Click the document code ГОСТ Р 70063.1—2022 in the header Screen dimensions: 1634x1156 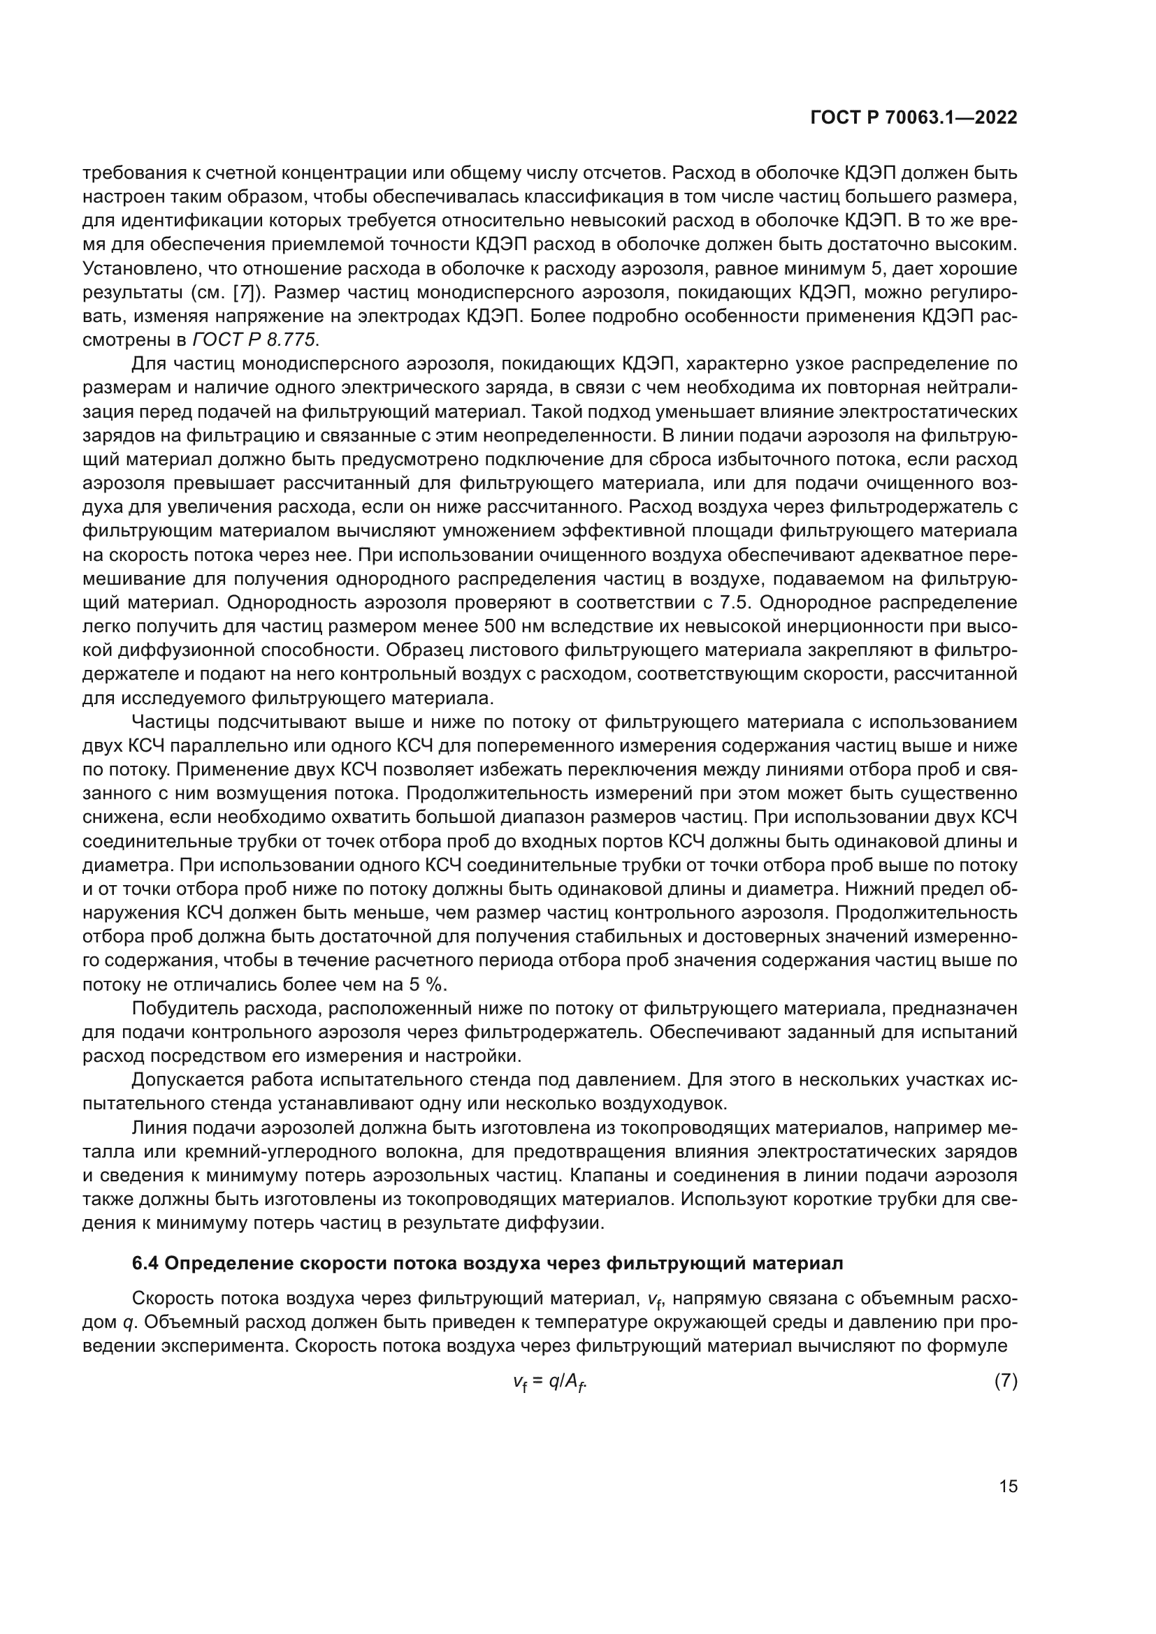click(x=913, y=118)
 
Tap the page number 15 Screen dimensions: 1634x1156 click(x=1008, y=1486)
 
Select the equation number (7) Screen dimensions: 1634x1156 click(x=1005, y=1380)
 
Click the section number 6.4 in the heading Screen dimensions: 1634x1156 click(x=147, y=1263)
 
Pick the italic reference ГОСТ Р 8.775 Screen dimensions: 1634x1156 click(x=255, y=340)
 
